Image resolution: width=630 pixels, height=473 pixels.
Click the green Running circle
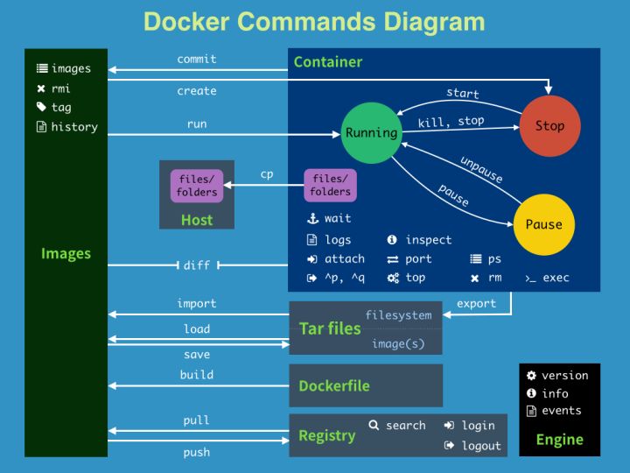[x=371, y=133]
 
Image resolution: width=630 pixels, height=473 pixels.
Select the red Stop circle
[x=549, y=126]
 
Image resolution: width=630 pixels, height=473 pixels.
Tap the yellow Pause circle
[x=543, y=224]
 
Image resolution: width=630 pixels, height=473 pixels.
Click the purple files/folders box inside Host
[x=197, y=186]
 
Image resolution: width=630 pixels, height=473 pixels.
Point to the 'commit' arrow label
[x=197, y=60]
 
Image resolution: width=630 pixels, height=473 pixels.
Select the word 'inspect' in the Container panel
[x=429, y=240]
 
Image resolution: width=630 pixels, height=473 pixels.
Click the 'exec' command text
[x=556, y=278]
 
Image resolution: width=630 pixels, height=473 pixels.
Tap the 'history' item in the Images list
[x=74, y=127]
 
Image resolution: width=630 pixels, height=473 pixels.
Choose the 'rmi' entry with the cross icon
[x=60, y=88]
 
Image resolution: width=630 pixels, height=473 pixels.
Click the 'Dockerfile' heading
[x=333, y=386]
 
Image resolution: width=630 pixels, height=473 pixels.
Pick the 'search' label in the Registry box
[x=405, y=426]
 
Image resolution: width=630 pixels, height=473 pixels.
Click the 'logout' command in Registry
[x=481, y=446]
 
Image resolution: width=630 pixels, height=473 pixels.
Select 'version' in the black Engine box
[x=564, y=376]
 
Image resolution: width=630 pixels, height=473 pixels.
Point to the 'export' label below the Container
[x=476, y=304]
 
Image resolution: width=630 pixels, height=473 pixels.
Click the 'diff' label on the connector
[x=197, y=265]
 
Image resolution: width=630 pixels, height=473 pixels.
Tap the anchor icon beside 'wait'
[x=311, y=219]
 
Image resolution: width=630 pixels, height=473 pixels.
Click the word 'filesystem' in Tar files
[x=398, y=315]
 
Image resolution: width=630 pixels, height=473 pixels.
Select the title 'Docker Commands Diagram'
[x=314, y=22]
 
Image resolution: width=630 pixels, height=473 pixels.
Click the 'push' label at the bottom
[x=197, y=453]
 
